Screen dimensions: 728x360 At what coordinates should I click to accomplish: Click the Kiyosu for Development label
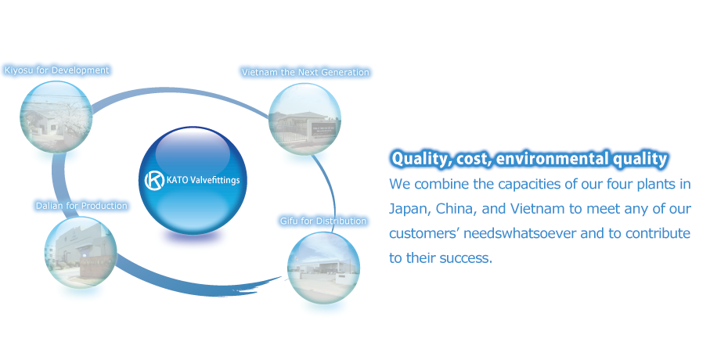pyautogui.click(x=56, y=70)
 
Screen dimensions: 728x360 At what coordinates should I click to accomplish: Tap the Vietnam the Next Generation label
pyautogui.click(x=305, y=72)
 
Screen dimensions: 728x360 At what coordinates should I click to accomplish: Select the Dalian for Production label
pyautogui.click(x=81, y=206)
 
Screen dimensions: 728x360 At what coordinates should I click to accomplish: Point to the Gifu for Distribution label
pyautogui.click(x=323, y=221)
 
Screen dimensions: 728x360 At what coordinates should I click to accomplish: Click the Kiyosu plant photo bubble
pyautogui.click(x=56, y=117)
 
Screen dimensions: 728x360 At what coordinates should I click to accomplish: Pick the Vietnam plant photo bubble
pyautogui.click(x=305, y=119)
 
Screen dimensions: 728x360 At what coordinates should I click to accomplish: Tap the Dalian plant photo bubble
pyautogui.click(x=81, y=252)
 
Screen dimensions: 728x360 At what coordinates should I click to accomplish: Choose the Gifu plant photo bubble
pyautogui.click(x=323, y=268)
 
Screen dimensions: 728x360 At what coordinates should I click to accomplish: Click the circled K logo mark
pyautogui.click(x=154, y=180)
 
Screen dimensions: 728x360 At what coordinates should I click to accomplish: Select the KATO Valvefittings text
pyautogui.click(x=204, y=180)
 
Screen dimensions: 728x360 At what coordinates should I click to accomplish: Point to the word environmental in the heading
pyautogui.click(x=552, y=159)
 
